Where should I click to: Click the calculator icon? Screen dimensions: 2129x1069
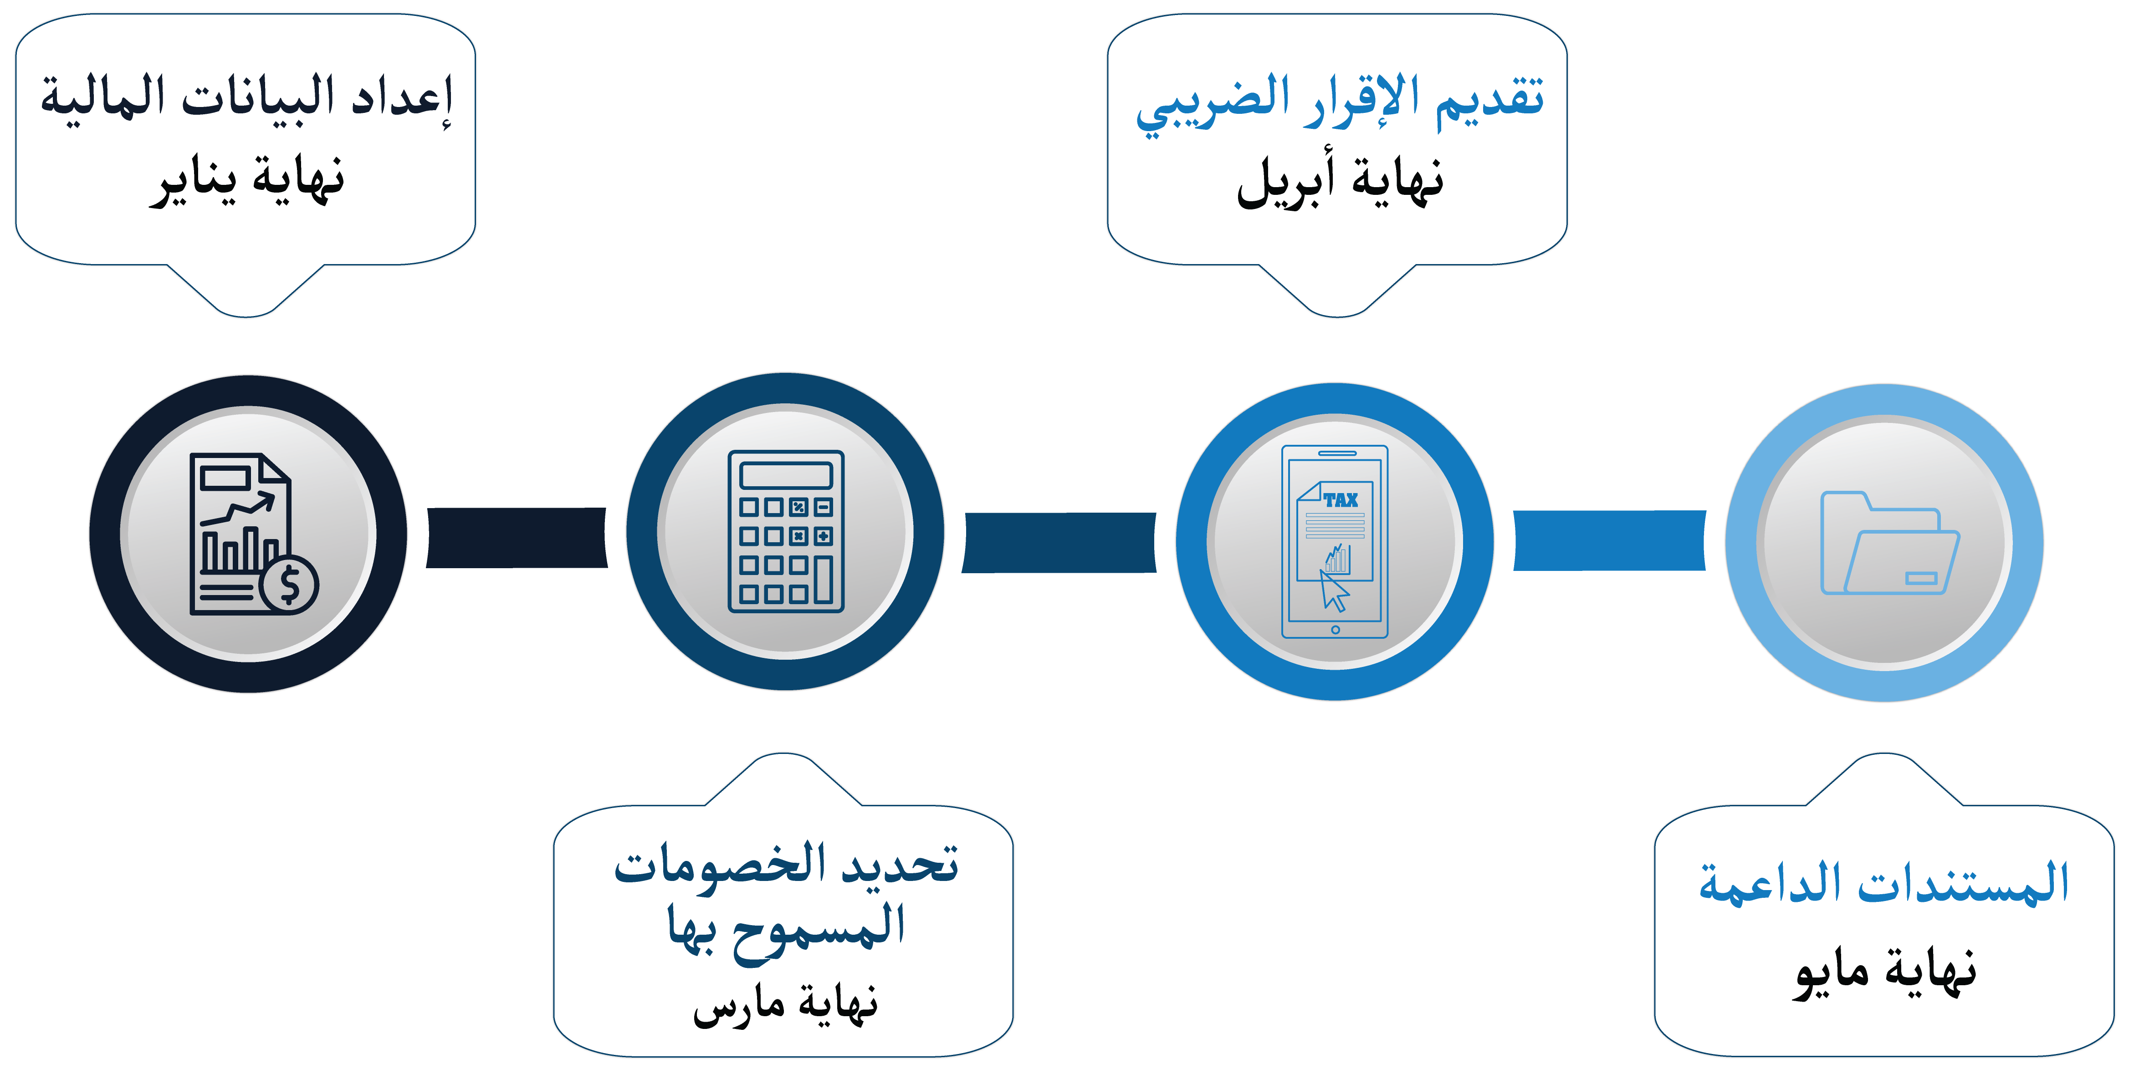[786, 531]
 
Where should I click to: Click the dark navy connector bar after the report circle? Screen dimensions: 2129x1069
[517, 538]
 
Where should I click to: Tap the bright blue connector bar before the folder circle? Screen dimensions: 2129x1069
[1609, 540]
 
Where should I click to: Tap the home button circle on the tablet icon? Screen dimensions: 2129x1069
[1335, 630]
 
